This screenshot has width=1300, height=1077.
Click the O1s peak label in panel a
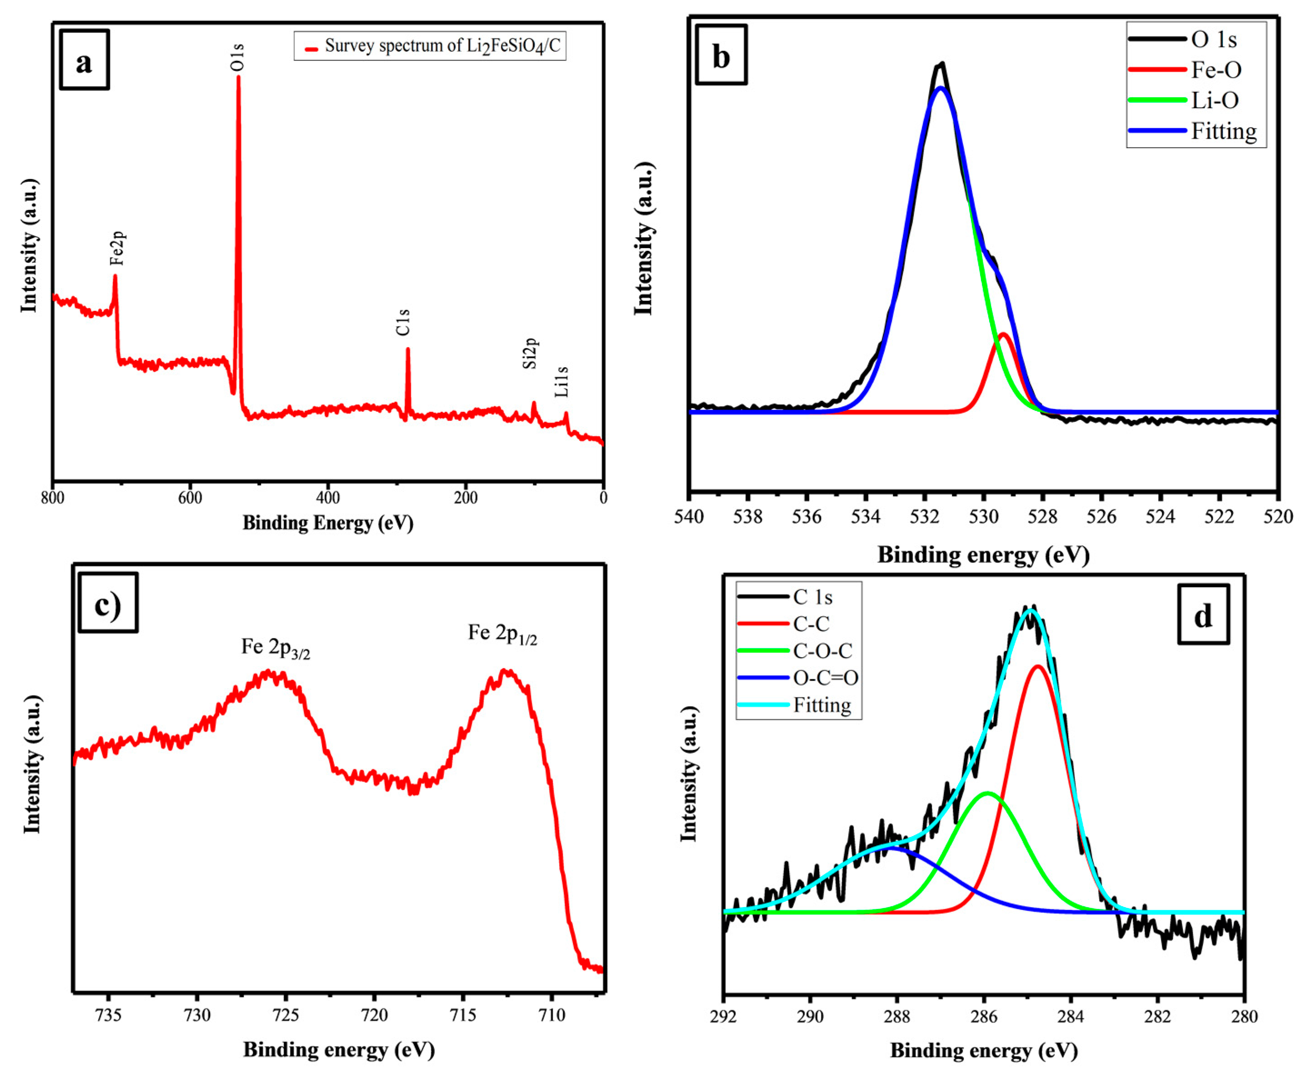pyautogui.click(x=238, y=57)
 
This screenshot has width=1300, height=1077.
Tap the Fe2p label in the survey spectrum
pyautogui.click(x=118, y=248)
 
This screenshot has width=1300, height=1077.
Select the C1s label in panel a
pyautogui.click(x=403, y=323)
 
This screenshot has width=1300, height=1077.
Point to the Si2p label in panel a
pyautogui.click(x=530, y=354)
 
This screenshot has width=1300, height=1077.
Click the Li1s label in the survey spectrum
pyautogui.click(x=561, y=382)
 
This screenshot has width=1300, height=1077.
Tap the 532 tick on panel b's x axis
pyautogui.click(x=924, y=516)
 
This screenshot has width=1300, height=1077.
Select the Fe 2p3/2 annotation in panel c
pyautogui.click(x=275, y=648)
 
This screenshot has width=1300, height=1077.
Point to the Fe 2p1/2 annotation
pyautogui.click(x=502, y=634)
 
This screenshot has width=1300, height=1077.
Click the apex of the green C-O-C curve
pyautogui.click(x=987, y=793)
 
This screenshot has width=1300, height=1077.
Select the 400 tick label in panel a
pyautogui.click(x=328, y=498)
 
